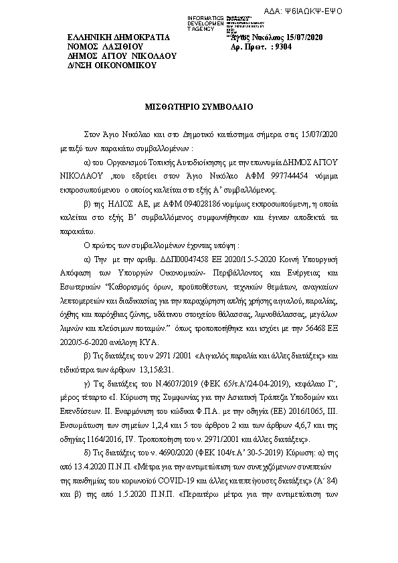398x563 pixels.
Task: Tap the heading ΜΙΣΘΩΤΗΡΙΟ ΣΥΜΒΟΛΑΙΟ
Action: point(199,106)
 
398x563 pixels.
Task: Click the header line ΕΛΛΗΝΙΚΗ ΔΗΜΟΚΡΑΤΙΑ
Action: point(119,37)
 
